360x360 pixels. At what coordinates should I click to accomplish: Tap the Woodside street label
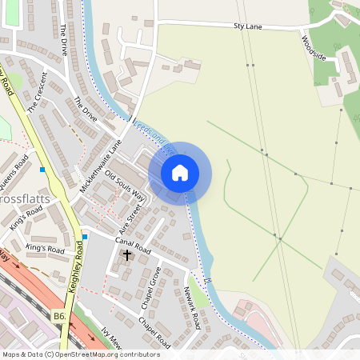click(314, 47)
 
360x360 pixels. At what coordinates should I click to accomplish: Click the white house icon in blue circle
click(180, 173)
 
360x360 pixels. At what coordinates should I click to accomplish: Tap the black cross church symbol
click(126, 254)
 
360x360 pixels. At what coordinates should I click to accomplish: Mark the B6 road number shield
click(60, 317)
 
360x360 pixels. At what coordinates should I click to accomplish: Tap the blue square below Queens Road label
click(42, 170)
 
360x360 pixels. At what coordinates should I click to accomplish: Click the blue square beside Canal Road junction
click(84, 237)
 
